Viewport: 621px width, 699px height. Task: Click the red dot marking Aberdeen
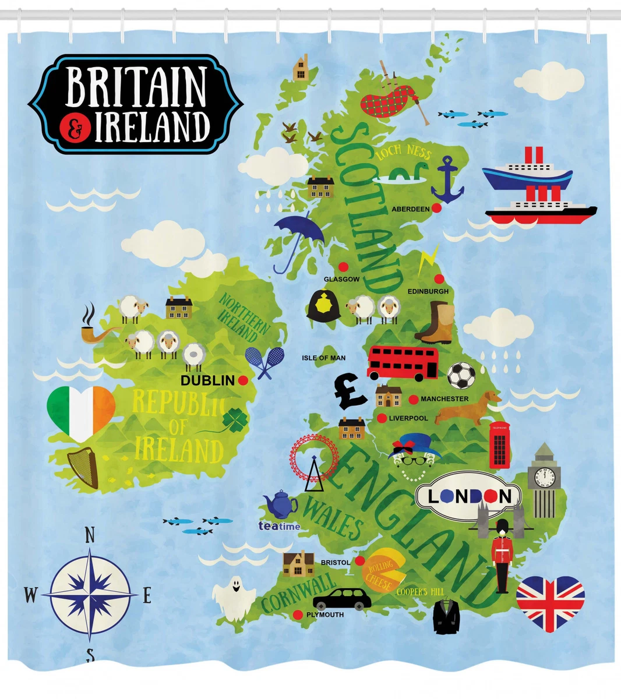(x=437, y=208)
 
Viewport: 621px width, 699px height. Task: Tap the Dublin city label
(x=207, y=380)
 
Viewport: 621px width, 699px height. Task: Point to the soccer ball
(x=461, y=376)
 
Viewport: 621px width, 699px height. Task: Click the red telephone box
(x=499, y=446)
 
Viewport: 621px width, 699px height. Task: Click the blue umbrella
(x=298, y=238)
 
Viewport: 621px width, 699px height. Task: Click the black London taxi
(x=342, y=598)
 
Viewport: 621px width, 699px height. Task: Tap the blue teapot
(x=280, y=504)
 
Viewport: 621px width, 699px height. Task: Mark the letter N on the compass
(x=90, y=535)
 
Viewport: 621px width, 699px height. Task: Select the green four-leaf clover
(x=235, y=419)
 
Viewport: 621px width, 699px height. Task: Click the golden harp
(x=83, y=467)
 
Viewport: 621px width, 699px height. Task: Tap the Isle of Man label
(x=323, y=358)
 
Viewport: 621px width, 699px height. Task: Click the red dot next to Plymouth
(x=298, y=615)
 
